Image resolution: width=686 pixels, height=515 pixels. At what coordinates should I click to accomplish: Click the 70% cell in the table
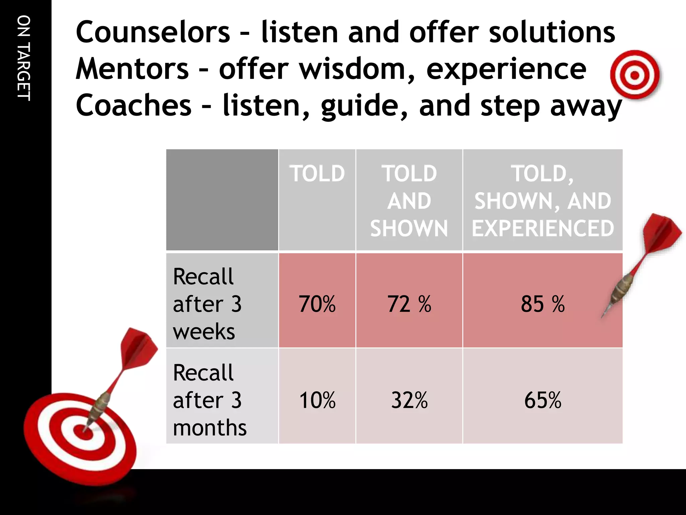pyautogui.click(x=317, y=304)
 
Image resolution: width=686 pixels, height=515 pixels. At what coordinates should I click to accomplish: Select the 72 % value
pyautogui.click(x=409, y=304)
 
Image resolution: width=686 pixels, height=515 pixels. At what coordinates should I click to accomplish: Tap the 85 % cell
pyautogui.click(x=542, y=304)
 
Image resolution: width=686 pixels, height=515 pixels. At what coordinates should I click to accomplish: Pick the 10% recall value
pyautogui.click(x=317, y=400)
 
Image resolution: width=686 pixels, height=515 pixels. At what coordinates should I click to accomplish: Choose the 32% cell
pyautogui.click(x=409, y=400)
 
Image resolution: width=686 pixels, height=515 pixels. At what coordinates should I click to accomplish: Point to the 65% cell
pyautogui.click(x=542, y=400)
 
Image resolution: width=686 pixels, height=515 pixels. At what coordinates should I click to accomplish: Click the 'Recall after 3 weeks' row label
pyautogui.click(x=207, y=304)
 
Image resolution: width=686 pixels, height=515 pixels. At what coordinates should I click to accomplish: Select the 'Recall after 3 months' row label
pyautogui.click(x=209, y=400)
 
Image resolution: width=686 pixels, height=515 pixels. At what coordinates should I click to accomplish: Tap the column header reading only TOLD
pyautogui.click(x=317, y=174)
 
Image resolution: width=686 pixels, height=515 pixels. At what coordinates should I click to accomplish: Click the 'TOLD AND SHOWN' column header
pyautogui.click(x=409, y=201)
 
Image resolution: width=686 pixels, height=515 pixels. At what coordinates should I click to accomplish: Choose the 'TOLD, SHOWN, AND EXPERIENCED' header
pyautogui.click(x=542, y=201)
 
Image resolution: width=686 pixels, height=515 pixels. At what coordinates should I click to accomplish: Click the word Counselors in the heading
pyautogui.click(x=153, y=32)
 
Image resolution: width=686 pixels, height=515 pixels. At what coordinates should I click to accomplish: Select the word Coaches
pyautogui.click(x=133, y=105)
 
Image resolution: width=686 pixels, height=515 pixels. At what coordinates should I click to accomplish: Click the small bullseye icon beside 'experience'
pyautogui.click(x=634, y=75)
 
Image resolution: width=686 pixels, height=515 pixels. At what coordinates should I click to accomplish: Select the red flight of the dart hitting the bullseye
pyautogui.click(x=137, y=349)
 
